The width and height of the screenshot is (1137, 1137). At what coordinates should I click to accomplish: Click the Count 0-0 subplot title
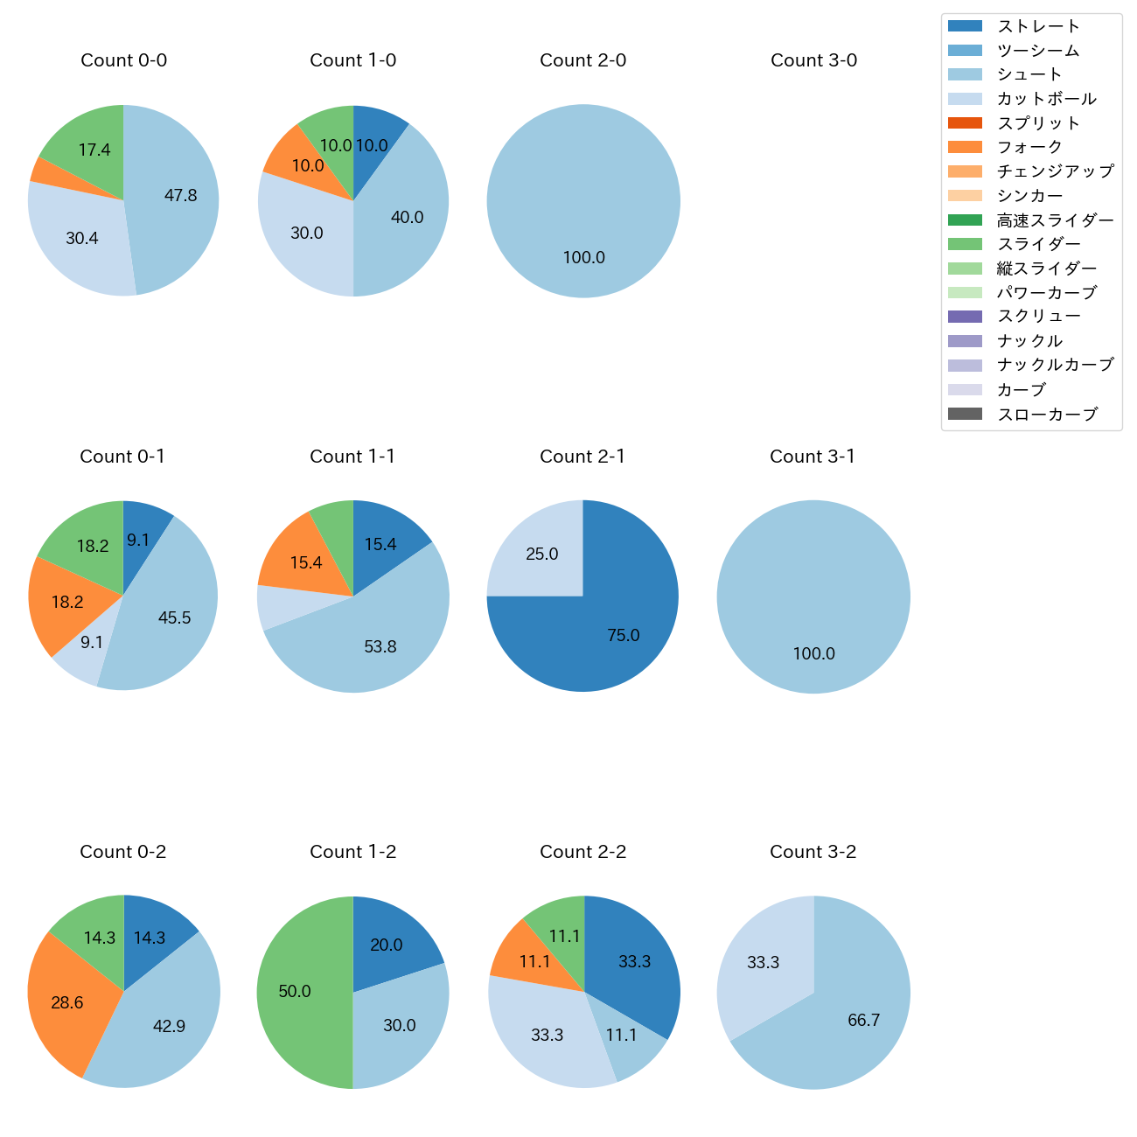coord(123,60)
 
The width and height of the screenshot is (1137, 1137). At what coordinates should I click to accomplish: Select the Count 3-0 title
coord(813,60)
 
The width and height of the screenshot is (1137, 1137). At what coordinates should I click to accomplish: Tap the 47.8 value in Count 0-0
coord(181,196)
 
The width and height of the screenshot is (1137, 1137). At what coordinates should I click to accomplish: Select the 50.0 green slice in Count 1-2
coord(297,992)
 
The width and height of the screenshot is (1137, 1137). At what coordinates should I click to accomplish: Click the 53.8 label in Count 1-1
coord(380,647)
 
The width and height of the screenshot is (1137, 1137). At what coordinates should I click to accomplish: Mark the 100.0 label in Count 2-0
coord(584,258)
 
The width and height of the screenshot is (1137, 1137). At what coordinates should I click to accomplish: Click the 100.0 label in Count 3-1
coord(814,654)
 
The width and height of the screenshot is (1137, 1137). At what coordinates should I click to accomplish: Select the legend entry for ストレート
coord(1038,26)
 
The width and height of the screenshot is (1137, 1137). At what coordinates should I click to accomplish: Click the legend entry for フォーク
coord(1029,147)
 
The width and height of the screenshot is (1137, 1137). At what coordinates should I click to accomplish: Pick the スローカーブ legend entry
coord(1047,415)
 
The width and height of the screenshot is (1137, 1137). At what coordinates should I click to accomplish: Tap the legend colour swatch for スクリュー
coord(965,317)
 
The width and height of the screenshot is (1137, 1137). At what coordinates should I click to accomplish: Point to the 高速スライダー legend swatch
coord(965,220)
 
